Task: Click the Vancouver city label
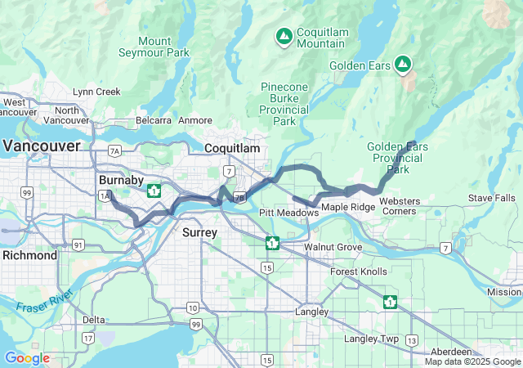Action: pyautogui.click(x=42, y=146)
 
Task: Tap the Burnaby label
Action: pyautogui.click(x=121, y=179)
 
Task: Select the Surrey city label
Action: pyautogui.click(x=199, y=233)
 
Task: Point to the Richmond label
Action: pyautogui.click(x=29, y=255)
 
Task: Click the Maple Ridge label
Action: pyautogui.click(x=348, y=207)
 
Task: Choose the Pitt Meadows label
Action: pyautogui.click(x=288, y=213)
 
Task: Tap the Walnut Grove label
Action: pyautogui.click(x=333, y=246)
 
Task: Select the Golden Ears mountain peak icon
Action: pyautogui.click(x=402, y=63)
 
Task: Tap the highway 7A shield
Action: pyautogui.click(x=114, y=150)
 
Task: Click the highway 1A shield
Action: pyautogui.click(x=104, y=196)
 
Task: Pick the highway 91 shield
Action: pyautogui.click(x=78, y=245)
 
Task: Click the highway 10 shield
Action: pyautogui.click(x=191, y=307)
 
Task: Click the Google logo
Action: pyautogui.click(x=27, y=358)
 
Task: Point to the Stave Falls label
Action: pyautogui.click(x=491, y=198)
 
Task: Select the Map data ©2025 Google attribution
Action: pyautogui.click(x=472, y=361)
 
